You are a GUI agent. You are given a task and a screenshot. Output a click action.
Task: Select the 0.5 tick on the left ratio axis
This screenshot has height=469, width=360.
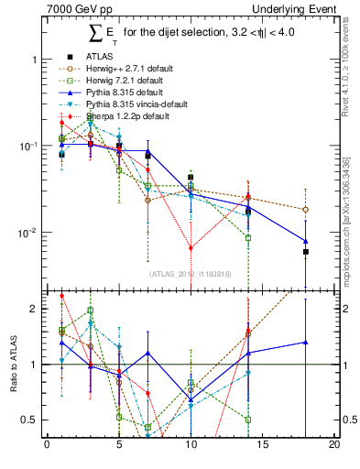tap(30, 420)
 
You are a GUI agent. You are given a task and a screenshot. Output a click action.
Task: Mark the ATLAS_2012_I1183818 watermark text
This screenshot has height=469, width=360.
tap(191, 273)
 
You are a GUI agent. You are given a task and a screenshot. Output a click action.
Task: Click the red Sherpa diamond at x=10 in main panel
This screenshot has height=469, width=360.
tap(191, 248)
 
